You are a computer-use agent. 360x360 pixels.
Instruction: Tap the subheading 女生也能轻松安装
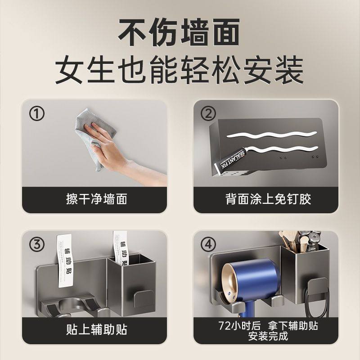180,70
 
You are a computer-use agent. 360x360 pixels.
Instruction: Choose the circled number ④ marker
208,245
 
